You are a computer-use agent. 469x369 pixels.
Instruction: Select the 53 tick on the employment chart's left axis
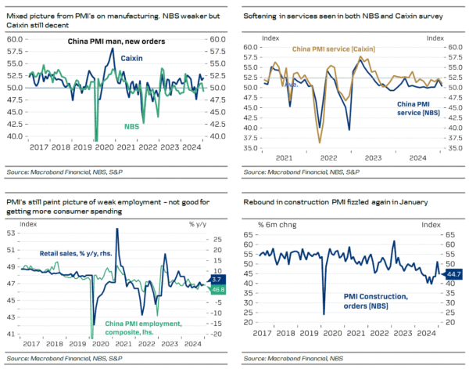coord(13,233)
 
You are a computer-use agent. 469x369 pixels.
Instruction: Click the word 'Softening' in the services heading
coord(263,16)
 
